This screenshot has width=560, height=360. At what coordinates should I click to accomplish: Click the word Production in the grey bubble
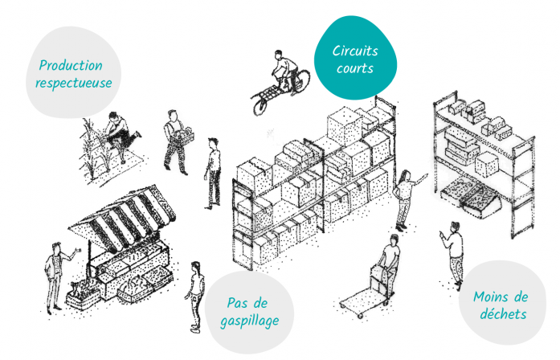point(71,66)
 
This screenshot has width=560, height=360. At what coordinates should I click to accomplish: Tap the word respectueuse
point(74,84)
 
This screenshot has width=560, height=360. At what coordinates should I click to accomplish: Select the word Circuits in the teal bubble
point(355,51)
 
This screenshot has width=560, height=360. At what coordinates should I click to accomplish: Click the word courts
point(355,68)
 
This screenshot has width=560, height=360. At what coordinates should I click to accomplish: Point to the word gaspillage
point(250,321)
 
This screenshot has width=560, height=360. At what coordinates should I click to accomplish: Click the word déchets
point(503,314)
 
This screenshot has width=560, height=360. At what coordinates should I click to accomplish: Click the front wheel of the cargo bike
point(260,104)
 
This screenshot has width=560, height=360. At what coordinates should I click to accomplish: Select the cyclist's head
point(278,54)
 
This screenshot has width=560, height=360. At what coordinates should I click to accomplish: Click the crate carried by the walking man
point(183,137)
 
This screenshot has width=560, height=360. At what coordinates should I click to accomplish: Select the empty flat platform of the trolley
point(362,302)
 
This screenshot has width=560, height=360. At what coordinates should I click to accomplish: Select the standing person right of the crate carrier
point(213,174)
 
